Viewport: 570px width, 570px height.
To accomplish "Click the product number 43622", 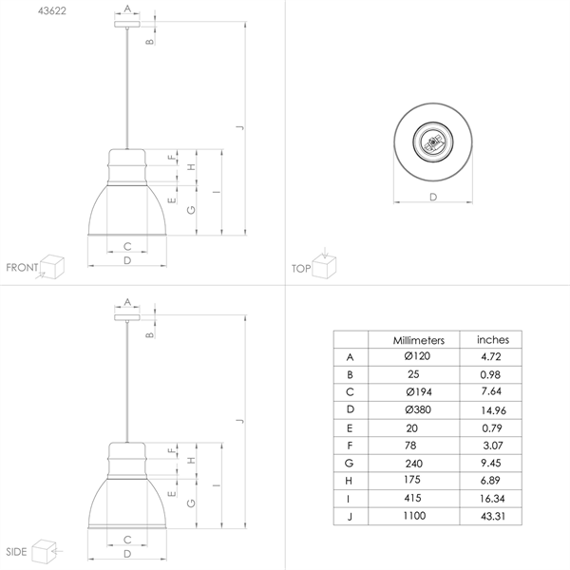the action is coord(52,10).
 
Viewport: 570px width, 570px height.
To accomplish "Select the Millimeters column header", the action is coord(418,340).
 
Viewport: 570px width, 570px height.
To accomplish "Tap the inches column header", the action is coord(492,339).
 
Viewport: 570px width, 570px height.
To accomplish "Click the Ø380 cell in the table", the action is coord(418,409).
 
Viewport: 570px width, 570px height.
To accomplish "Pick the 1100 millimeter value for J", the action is coord(414,516).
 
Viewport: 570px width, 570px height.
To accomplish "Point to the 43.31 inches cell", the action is coord(493,516).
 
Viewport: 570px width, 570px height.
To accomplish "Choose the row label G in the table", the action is coord(349,464).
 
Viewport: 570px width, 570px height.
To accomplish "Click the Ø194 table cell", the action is coord(419,391).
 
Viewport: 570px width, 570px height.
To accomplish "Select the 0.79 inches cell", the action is coord(492,427).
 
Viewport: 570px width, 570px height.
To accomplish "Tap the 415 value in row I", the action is coord(412,498).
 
